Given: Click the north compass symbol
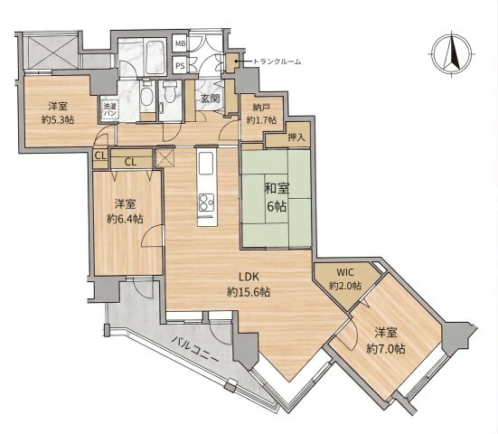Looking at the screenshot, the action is pyautogui.click(x=453, y=53).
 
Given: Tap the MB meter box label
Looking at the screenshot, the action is pyautogui.click(x=181, y=43).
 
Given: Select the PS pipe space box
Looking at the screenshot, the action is pyautogui.click(x=180, y=66).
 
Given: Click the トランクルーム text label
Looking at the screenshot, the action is pyautogui.click(x=277, y=61).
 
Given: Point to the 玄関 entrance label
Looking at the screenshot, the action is pyautogui.click(x=211, y=99).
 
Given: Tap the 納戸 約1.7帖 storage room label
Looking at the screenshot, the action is pyautogui.click(x=261, y=114).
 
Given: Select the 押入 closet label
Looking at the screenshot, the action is pyautogui.click(x=296, y=137).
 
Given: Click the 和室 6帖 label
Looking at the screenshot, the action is pyautogui.click(x=277, y=198).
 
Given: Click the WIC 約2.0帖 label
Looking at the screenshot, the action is pyautogui.click(x=345, y=279).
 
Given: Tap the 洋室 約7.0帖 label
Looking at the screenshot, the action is pyautogui.click(x=386, y=341).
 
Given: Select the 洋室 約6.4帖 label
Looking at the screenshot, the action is pyautogui.click(x=125, y=211).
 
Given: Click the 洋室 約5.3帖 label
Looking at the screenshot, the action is pyautogui.click(x=58, y=112).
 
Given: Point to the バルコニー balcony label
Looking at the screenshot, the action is pyautogui.click(x=195, y=351).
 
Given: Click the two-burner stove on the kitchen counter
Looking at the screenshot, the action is pyautogui.click(x=206, y=203).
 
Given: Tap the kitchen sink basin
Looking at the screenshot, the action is pyautogui.click(x=206, y=163).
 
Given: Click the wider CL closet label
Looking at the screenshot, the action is pyautogui.click(x=130, y=162).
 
